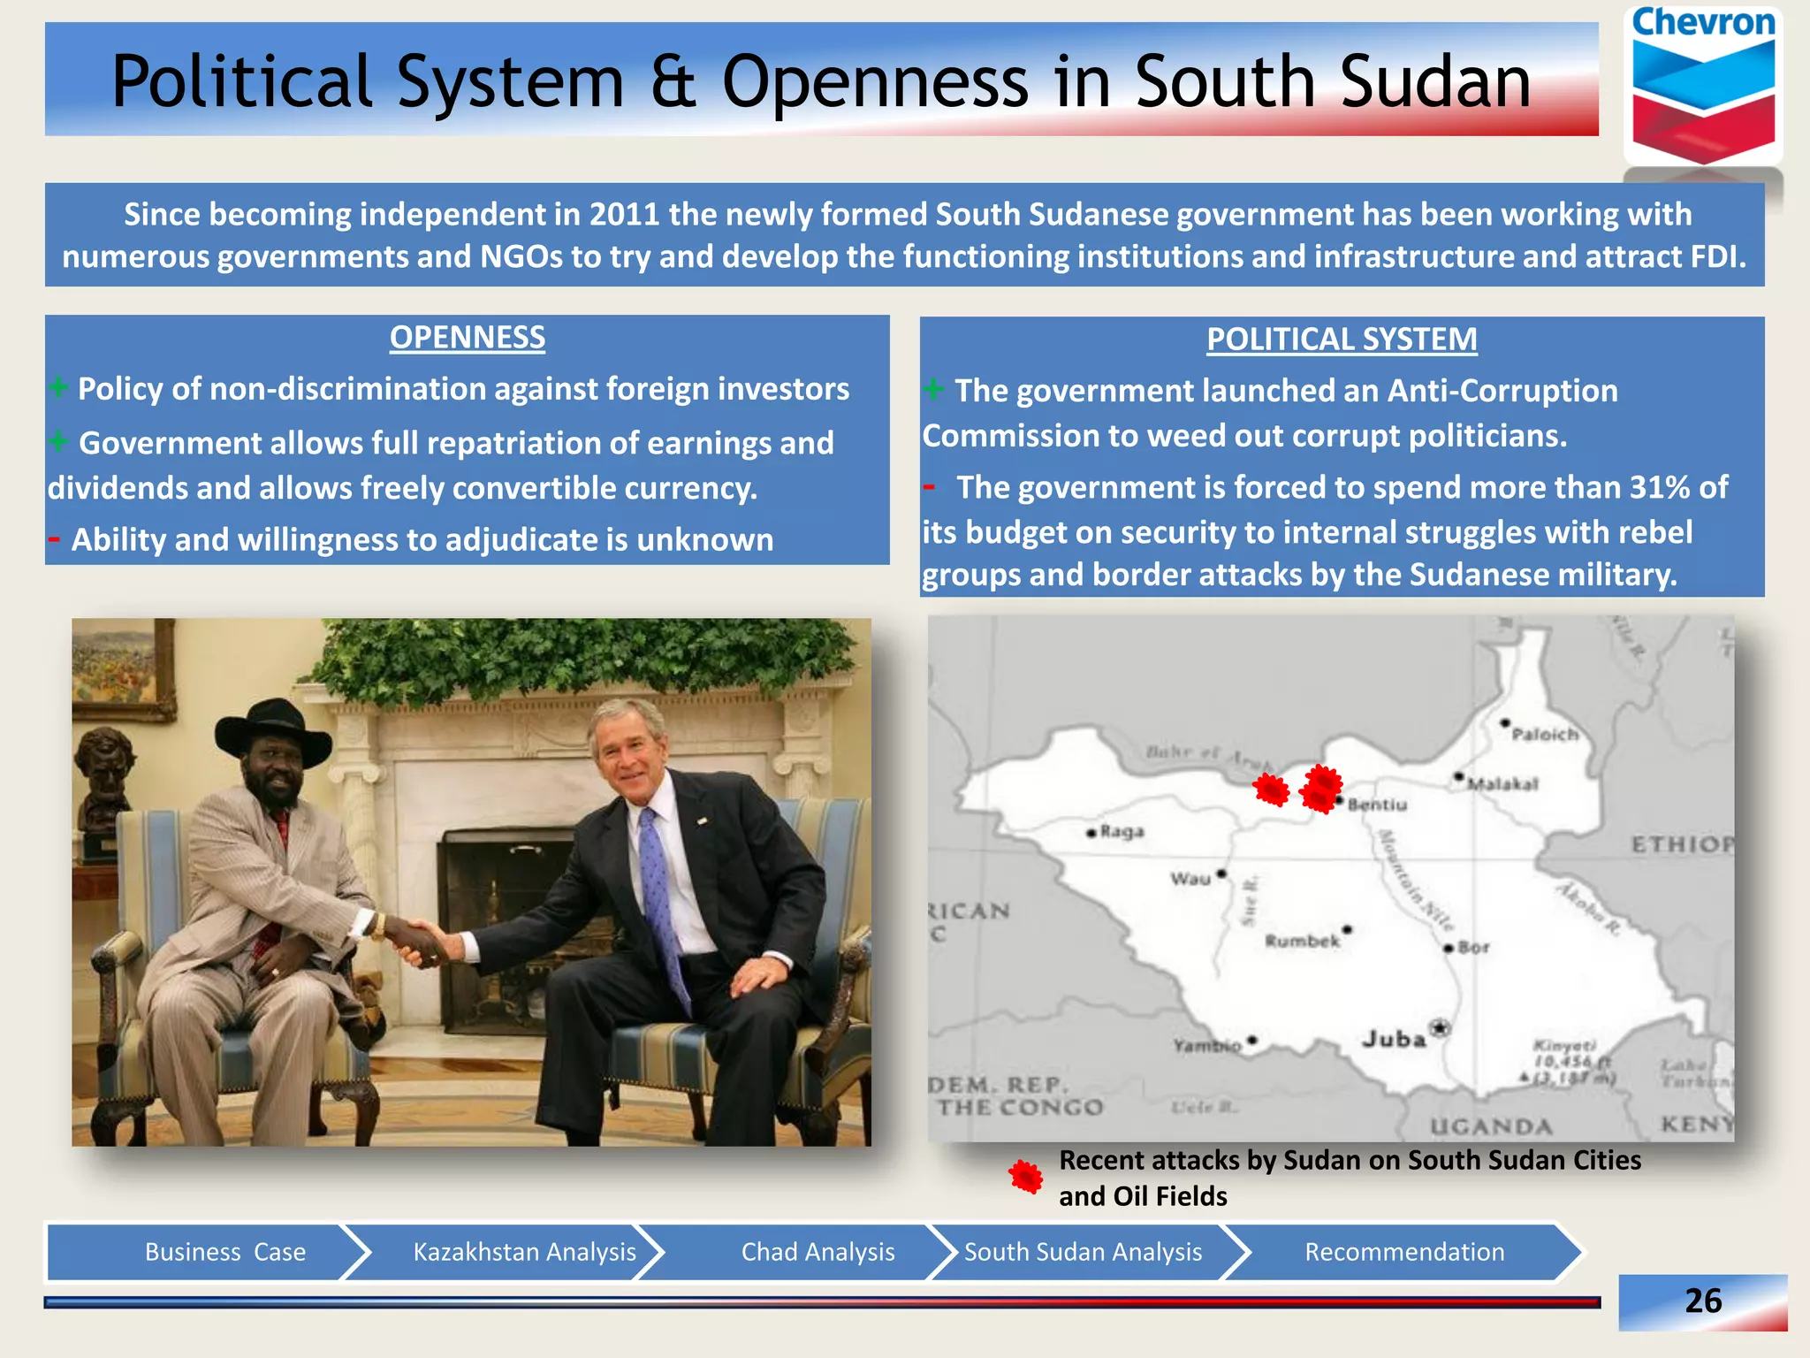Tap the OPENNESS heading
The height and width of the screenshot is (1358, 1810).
click(x=467, y=338)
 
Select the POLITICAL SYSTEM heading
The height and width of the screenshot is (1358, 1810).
click(x=1341, y=339)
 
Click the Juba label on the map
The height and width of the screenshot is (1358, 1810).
click(x=1394, y=1039)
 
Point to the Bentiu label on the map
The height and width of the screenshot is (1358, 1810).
click(x=1377, y=805)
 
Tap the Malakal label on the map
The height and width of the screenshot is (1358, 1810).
click(x=1502, y=784)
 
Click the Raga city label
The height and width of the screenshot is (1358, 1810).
click(x=1122, y=832)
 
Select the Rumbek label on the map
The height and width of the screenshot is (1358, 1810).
click(x=1302, y=942)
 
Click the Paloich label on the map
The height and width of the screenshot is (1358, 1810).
click(x=1544, y=735)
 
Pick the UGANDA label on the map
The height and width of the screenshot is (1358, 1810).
click(x=1491, y=1126)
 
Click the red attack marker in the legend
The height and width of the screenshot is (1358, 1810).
click(x=1026, y=1177)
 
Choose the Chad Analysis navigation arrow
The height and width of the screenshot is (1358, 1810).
click(x=818, y=1252)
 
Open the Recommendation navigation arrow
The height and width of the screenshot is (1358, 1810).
click(x=1403, y=1252)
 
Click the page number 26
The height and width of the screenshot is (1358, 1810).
click(x=1702, y=1301)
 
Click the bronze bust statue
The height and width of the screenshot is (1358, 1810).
click(x=103, y=778)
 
